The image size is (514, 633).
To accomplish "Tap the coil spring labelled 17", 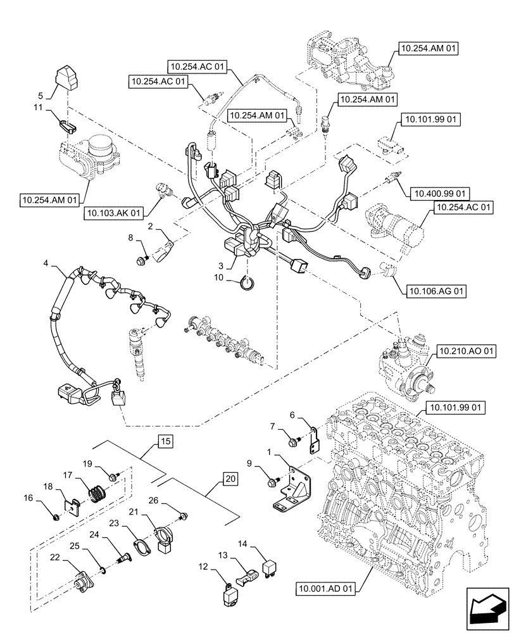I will point(96,491).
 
